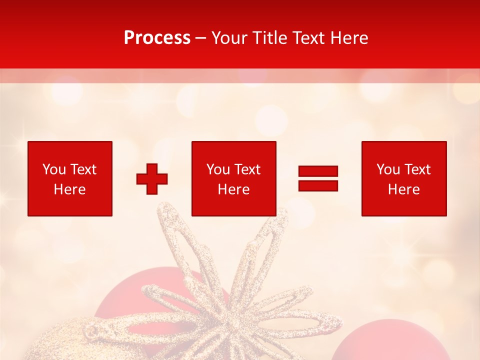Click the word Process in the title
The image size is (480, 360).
point(157,38)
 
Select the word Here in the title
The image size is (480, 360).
point(349,38)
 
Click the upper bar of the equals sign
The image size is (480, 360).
point(318,171)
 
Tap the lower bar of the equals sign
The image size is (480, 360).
point(318,186)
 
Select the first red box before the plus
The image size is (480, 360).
point(70,178)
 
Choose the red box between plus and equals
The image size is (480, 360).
point(233,178)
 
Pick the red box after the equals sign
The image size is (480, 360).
point(403,178)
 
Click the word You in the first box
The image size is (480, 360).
point(54,169)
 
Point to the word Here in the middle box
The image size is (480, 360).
point(233,189)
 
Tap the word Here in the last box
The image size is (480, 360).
point(403,189)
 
